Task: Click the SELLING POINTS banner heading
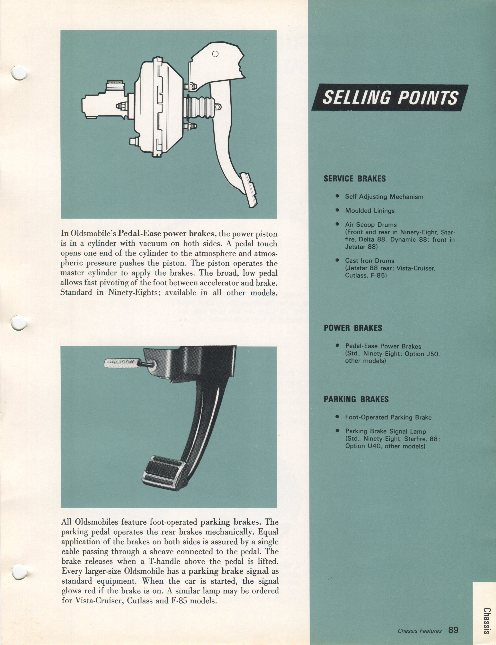[390, 98]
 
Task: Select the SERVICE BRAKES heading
[355, 179]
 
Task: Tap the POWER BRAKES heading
[353, 328]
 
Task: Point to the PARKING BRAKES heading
[356, 399]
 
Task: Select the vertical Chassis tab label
[487, 620]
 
